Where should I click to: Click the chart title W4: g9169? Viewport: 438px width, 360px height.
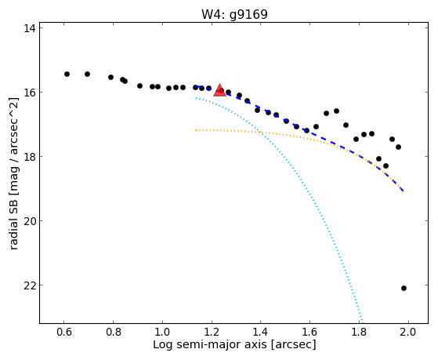coord(234,14)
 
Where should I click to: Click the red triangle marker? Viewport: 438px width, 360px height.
coord(219,90)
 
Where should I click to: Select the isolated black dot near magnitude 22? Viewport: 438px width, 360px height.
coord(404,288)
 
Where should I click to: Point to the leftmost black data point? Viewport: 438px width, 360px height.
coord(67,75)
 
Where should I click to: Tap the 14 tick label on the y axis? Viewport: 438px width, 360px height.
coord(28,28)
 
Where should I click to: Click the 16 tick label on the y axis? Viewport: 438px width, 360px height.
coord(28,93)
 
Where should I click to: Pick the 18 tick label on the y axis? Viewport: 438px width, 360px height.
coord(28,157)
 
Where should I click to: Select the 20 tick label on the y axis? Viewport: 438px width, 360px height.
coord(28,221)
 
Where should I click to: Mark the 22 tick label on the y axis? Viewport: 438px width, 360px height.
coord(28,285)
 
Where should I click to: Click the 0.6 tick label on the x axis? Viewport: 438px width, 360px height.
coord(64,333)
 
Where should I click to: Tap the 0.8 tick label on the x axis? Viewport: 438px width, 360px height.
coord(113,333)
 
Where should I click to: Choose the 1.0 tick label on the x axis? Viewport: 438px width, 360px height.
coord(162,333)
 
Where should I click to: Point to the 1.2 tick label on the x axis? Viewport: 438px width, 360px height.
coord(212,333)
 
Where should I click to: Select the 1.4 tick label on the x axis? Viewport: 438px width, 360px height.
coord(261,333)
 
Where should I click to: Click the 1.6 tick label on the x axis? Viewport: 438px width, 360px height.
coord(310,333)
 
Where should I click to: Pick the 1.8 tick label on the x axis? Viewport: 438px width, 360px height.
coord(360,333)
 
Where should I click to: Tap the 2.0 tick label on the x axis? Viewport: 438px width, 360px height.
coord(409,333)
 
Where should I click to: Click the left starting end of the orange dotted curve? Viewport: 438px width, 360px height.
coord(197,130)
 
